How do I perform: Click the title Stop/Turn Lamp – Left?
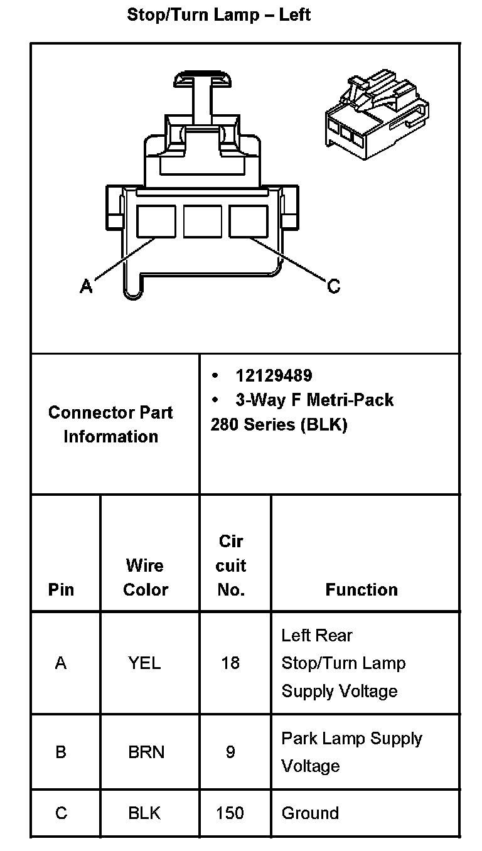click(218, 14)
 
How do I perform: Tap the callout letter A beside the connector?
click(87, 286)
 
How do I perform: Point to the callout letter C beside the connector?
click(333, 286)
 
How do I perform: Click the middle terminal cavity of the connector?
click(202, 222)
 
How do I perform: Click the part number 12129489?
click(274, 375)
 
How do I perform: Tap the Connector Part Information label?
click(110, 424)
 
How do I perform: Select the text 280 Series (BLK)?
click(279, 424)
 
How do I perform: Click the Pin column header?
click(61, 589)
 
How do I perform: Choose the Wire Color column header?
click(146, 577)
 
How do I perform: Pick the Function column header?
click(361, 589)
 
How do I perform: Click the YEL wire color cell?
click(144, 663)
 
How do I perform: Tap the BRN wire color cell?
click(146, 752)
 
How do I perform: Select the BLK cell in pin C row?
click(144, 813)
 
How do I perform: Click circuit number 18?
click(230, 663)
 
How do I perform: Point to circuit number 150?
click(230, 813)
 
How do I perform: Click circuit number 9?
click(230, 752)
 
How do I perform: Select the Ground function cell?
click(310, 813)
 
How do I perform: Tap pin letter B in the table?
click(61, 752)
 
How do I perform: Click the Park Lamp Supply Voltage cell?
click(351, 752)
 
